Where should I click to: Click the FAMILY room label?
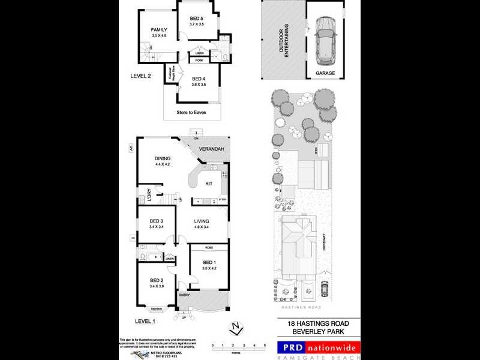click(159, 29)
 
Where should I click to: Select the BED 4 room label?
click(199, 79)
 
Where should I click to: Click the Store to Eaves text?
click(193, 112)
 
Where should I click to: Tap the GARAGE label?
click(325, 73)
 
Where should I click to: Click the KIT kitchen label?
click(209, 184)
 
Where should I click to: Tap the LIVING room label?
click(201, 222)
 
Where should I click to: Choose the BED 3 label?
click(157, 221)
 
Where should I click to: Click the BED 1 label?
click(208, 263)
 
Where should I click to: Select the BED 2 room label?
click(157, 280)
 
